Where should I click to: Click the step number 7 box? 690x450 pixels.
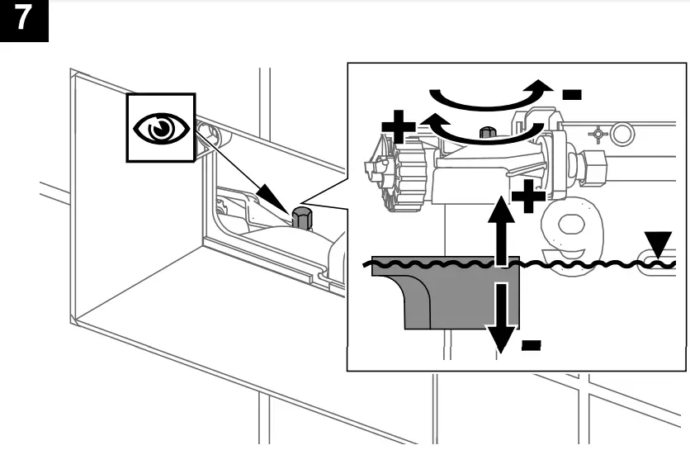(x=25, y=20)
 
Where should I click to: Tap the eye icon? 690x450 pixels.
(x=160, y=127)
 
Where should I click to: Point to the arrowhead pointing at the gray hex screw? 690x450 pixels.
(x=272, y=199)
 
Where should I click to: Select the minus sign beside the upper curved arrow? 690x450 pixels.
(x=571, y=93)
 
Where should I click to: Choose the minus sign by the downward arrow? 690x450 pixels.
(x=532, y=343)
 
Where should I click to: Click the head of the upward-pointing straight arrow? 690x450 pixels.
(x=499, y=206)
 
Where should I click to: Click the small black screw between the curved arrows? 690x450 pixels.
(x=488, y=132)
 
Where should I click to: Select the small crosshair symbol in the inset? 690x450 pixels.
(x=596, y=132)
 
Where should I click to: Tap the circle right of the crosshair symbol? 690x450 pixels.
(x=624, y=131)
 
